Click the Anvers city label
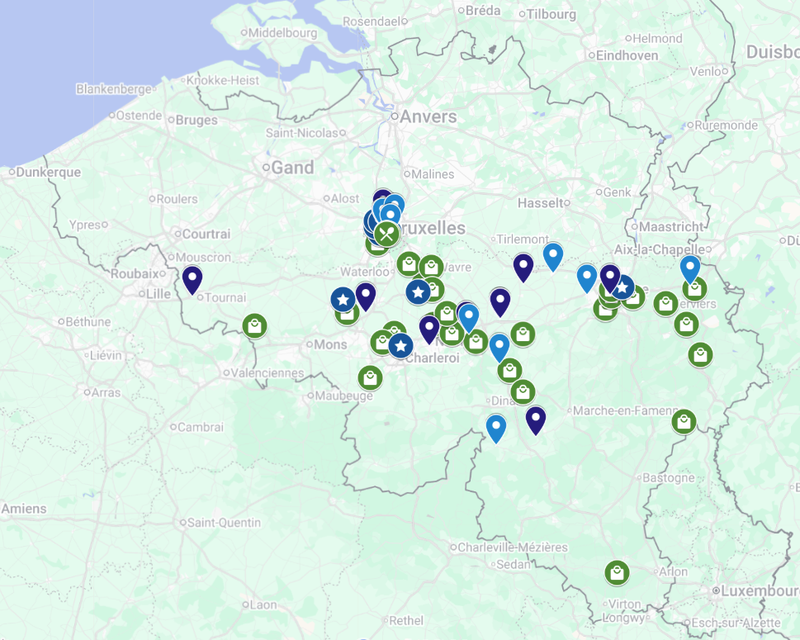point(428,116)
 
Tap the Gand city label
point(292,168)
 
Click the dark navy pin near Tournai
point(192,279)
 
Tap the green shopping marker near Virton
point(617,572)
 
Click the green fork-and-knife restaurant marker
point(386,234)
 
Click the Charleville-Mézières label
point(513,548)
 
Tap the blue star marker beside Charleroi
point(400,345)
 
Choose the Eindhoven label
point(627,55)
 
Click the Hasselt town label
point(541,202)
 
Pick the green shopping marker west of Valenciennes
point(255,325)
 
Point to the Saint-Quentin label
point(224,523)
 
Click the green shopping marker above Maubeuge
point(371,377)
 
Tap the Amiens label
point(24,509)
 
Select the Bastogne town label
point(669,477)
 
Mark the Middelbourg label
point(282,33)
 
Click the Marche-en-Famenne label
point(625,410)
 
